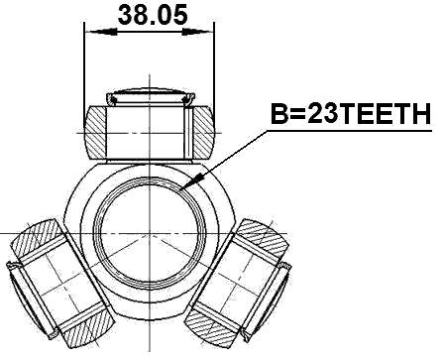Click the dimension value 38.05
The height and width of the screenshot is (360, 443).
coord(149,15)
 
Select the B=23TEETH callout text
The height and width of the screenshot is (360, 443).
coord(350,116)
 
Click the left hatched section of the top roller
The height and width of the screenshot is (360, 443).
coord(97,130)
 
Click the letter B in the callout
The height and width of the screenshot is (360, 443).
coord(279,116)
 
